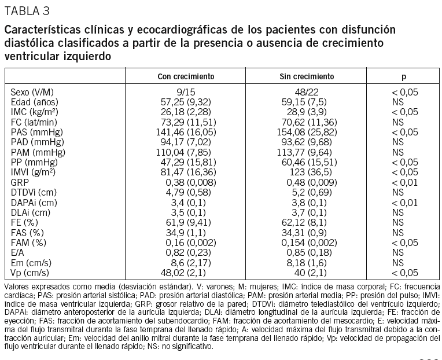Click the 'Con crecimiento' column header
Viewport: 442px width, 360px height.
(186, 76)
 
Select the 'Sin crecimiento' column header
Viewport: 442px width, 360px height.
(307, 76)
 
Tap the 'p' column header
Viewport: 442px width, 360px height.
(404, 76)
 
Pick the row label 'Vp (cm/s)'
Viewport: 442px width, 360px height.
(30, 273)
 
